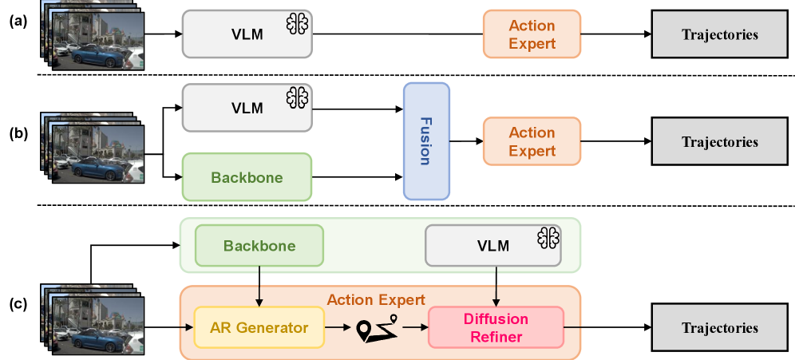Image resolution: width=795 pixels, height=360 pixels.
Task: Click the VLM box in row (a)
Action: point(247,34)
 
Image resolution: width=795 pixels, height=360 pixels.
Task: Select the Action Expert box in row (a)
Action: point(532,34)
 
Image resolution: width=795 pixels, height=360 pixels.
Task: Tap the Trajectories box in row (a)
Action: point(720,34)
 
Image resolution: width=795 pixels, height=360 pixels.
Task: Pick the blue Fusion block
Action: point(426,141)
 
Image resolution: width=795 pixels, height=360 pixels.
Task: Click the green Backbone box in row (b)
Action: point(247,177)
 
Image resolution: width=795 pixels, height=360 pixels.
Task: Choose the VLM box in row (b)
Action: point(247,108)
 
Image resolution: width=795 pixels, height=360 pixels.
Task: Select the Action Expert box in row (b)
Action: point(532,141)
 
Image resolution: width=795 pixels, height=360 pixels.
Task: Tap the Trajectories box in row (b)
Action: point(720,141)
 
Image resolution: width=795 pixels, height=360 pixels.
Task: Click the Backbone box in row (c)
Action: point(259,245)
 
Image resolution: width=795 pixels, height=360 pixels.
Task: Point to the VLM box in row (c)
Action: point(492,245)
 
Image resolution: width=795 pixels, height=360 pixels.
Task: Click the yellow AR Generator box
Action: point(259,327)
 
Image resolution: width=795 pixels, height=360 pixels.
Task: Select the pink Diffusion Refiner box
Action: point(496,327)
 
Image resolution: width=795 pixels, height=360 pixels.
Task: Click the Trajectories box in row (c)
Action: point(720,327)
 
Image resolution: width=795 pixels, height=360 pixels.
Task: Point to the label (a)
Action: point(19,22)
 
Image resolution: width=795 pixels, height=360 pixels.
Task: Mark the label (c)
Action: point(19,304)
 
